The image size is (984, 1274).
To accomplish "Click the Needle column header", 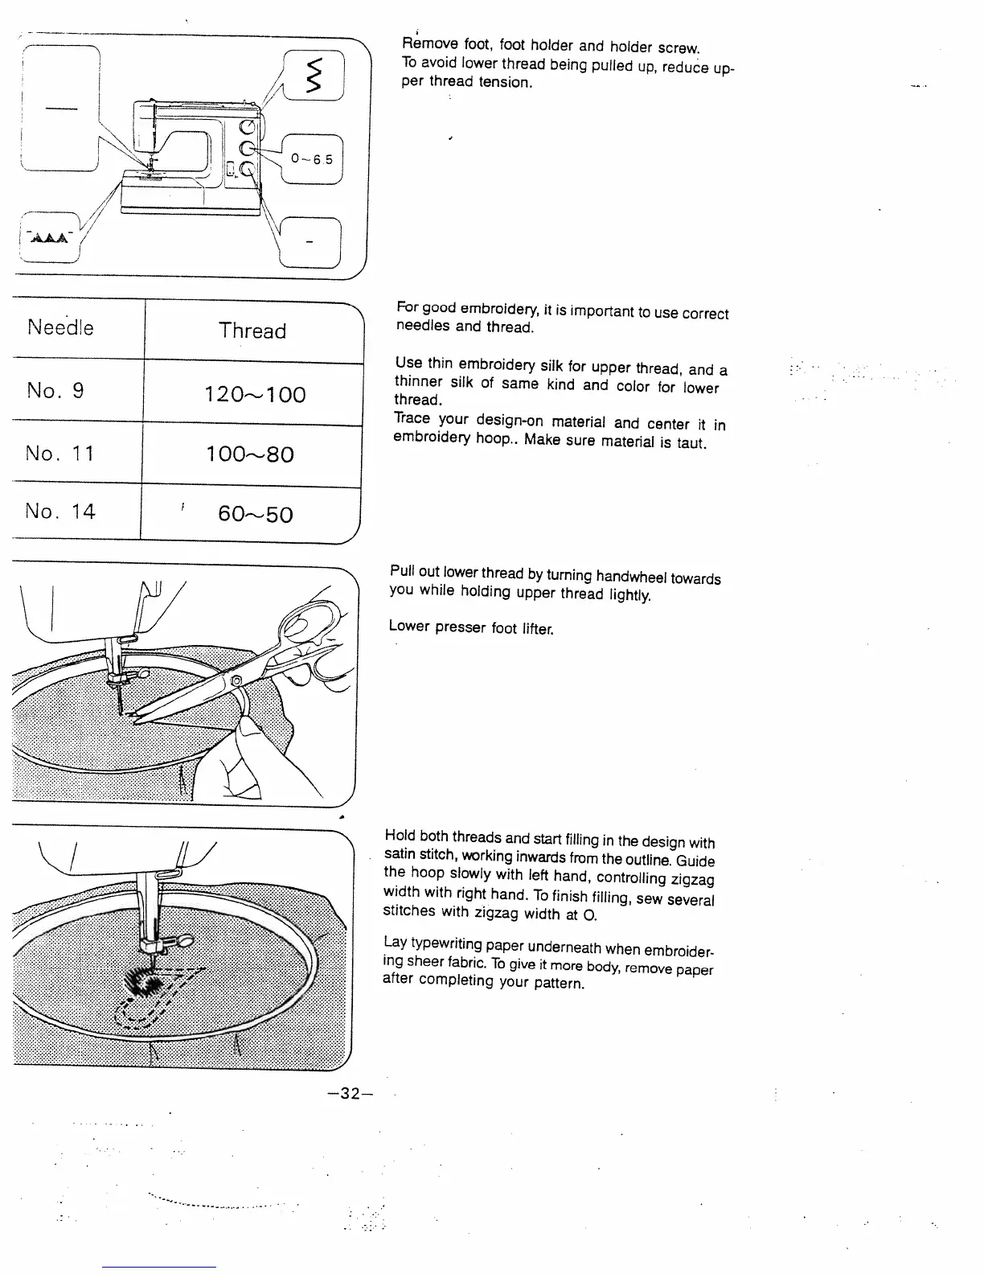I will coord(60,327).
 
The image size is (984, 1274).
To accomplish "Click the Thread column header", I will coord(252,331).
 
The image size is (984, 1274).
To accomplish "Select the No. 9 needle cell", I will coord(55,391).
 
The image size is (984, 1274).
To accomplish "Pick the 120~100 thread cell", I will coord(255,394).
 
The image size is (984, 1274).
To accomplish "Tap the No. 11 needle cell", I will coord(60,454).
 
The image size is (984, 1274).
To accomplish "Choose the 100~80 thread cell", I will coord(249,454).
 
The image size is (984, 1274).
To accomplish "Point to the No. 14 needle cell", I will coord(60,512).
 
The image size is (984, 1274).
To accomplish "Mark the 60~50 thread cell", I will coord(255,515).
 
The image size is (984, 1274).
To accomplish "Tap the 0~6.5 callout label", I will coord(312,159).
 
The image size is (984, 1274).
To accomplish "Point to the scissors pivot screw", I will coord(236,683).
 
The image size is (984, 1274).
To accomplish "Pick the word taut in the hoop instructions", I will coord(691,443).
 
